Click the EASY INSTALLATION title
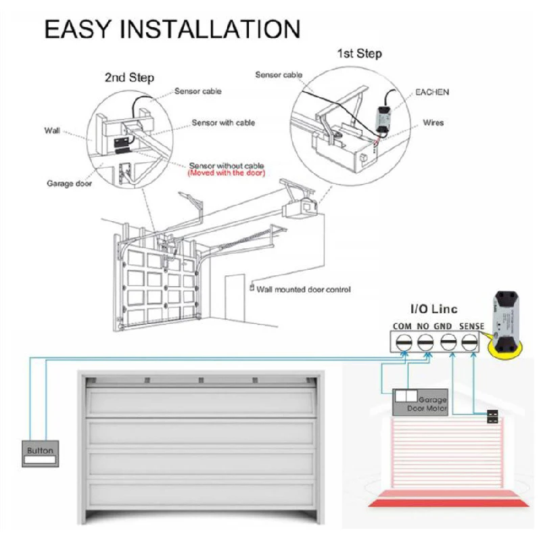pyautogui.click(x=172, y=29)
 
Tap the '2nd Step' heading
pyautogui.click(x=129, y=77)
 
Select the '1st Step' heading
pyautogui.click(x=359, y=53)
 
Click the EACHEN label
pyautogui.click(x=431, y=91)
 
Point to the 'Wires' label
pyautogui.click(x=433, y=123)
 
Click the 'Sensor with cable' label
pyautogui.click(x=223, y=123)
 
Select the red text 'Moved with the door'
pyautogui.click(x=226, y=174)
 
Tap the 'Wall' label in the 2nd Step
pyautogui.click(x=52, y=130)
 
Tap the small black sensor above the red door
pyautogui.click(x=493, y=415)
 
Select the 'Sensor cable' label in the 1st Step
pyautogui.click(x=278, y=75)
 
